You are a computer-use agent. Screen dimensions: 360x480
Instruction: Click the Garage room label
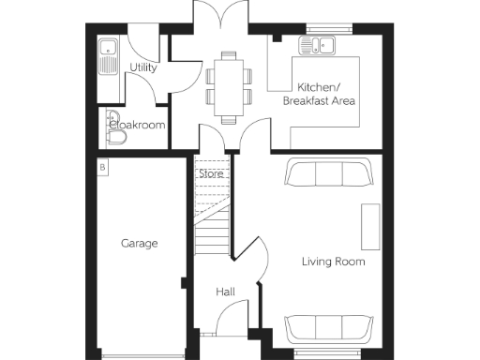point(139,243)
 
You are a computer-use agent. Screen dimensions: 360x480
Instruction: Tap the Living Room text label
point(333,262)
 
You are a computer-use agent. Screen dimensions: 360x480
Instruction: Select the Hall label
point(225,292)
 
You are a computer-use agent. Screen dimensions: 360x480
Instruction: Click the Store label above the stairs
point(210,172)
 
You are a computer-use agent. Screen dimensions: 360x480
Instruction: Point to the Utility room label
point(143,67)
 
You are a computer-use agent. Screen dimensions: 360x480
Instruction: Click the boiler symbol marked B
point(102,167)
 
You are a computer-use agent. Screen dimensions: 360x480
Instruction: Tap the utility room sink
point(108,56)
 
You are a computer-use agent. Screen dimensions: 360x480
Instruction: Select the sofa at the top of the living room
point(326,174)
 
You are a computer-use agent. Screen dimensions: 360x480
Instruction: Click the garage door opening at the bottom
point(140,354)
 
